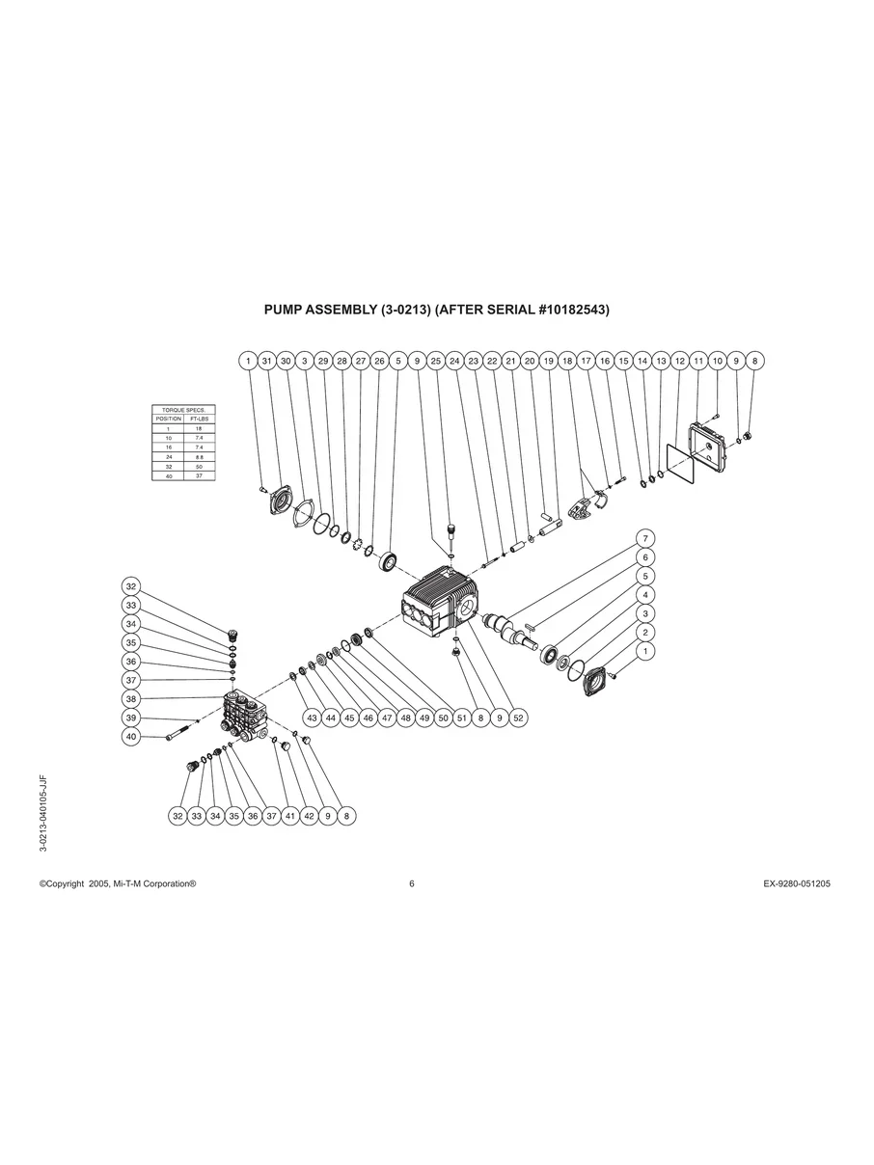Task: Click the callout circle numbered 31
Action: point(267,360)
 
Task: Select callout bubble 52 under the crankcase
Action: point(518,718)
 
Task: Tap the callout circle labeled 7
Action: point(645,538)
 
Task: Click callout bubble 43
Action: point(312,718)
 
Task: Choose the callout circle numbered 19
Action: point(548,360)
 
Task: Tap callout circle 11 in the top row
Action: point(698,360)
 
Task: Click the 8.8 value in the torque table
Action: point(198,456)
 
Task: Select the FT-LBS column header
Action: point(198,420)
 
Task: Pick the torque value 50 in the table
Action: point(198,466)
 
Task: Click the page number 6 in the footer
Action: point(412,883)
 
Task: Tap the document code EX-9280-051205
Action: point(790,883)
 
